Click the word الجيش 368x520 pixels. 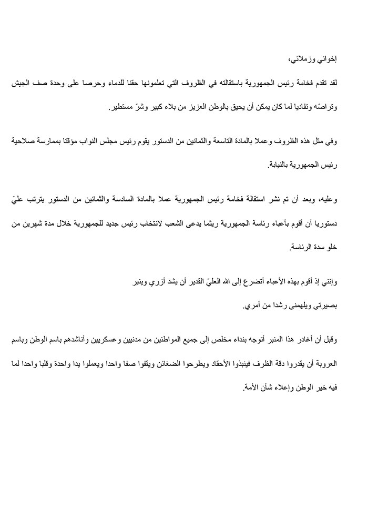point(23,84)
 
